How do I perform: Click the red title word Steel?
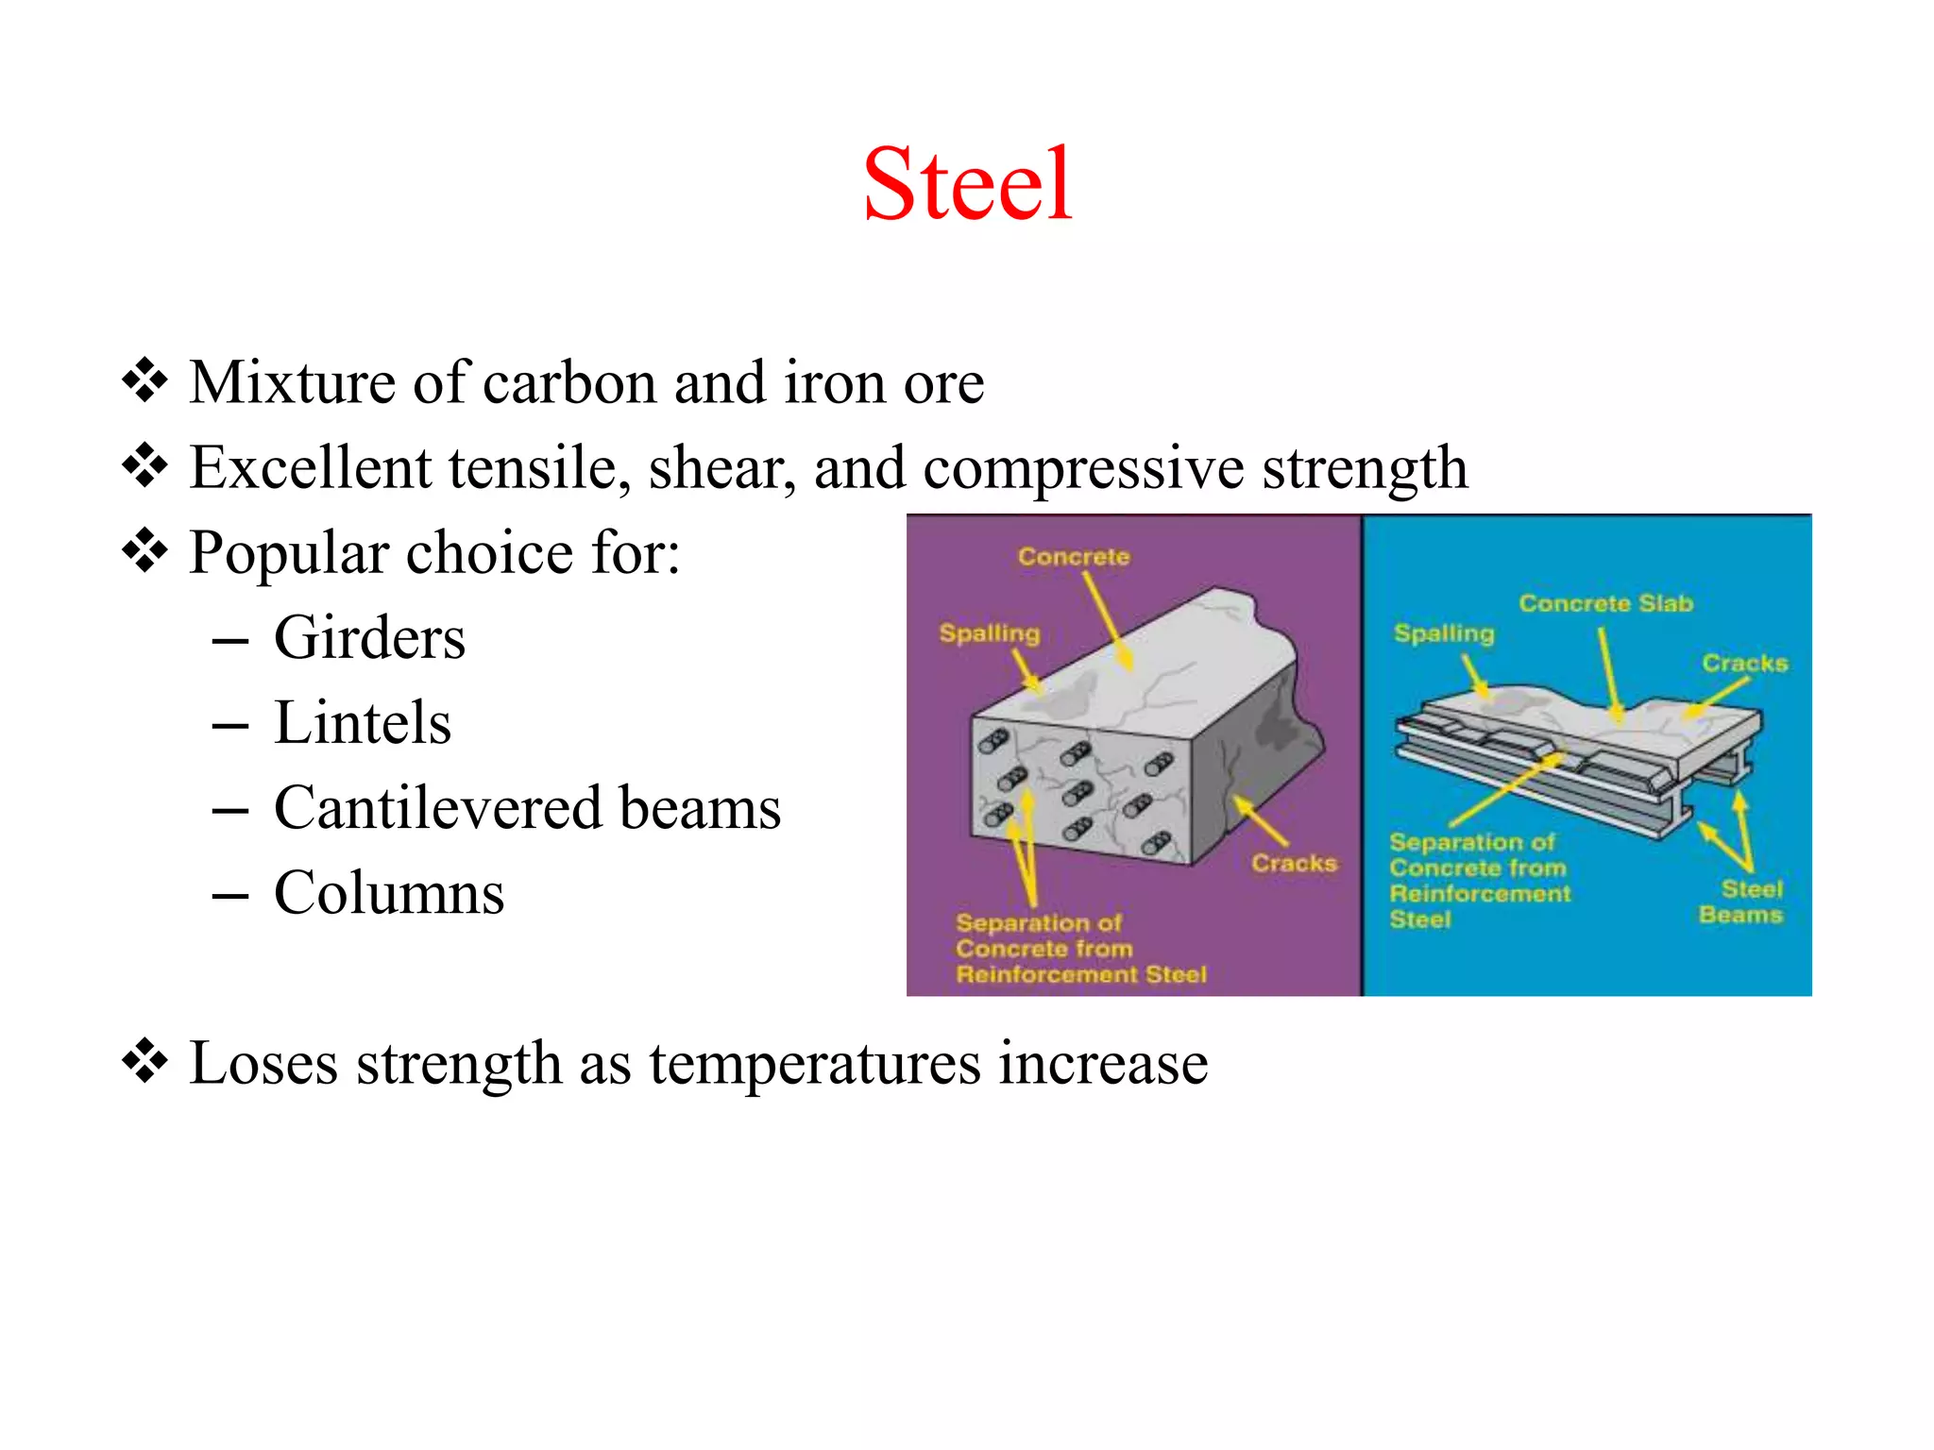pyautogui.click(x=967, y=185)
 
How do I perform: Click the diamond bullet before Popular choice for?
pyautogui.click(x=145, y=551)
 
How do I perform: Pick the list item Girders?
pyautogui.click(x=369, y=638)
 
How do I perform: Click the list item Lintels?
pyautogui.click(x=363, y=723)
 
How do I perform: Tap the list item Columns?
pyautogui.click(x=389, y=894)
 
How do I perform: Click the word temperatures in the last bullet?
pyautogui.click(x=815, y=1064)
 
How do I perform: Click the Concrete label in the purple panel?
pyautogui.click(x=1074, y=557)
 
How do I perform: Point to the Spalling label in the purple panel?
pyautogui.click(x=989, y=633)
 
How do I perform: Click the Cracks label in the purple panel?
pyautogui.click(x=1294, y=864)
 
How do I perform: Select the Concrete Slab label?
pyautogui.click(x=1605, y=603)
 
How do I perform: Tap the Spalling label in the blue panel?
pyautogui.click(x=1444, y=633)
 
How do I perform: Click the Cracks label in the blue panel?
pyautogui.click(x=1744, y=664)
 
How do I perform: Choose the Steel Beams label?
pyautogui.click(x=1742, y=902)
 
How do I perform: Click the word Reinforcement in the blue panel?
pyautogui.click(x=1480, y=894)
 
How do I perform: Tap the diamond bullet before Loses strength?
pyautogui.click(x=145, y=1062)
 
